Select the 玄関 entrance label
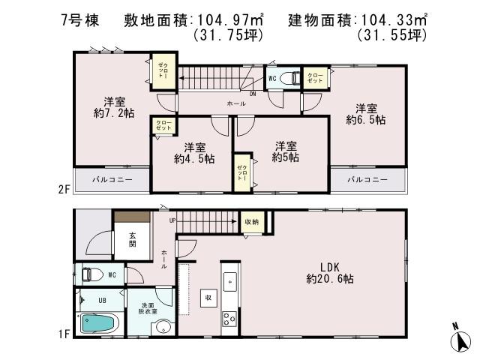tap(132, 238)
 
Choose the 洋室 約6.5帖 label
tap(366, 113)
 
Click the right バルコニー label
tap(367, 180)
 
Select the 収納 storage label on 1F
tap(250, 221)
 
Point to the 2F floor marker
tap(64, 190)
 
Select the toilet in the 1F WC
tap(90, 274)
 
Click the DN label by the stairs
tap(253, 94)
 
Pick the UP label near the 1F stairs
tap(172, 220)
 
